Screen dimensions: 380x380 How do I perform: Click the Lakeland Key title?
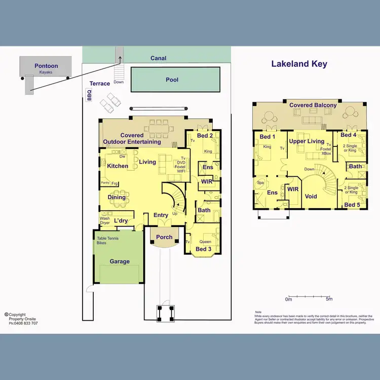tap(299, 64)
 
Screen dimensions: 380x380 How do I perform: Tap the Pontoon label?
tap(46, 66)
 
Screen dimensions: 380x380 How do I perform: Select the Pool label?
tap(172, 80)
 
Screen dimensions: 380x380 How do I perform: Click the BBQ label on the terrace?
tap(90, 95)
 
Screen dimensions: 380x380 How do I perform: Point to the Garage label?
tap(120, 261)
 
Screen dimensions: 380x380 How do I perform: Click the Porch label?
tap(164, 237)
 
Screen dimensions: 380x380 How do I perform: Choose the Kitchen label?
tap(118, 166)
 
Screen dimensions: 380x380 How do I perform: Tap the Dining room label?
tap(117, 197)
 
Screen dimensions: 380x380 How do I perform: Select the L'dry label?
tap(121, 221)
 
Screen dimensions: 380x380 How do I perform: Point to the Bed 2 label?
tap(205, 136)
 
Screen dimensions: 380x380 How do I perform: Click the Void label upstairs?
tap(311, 197)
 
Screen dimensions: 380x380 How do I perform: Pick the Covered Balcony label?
tap(313, 105)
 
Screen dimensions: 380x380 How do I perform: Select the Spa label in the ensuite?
tap(260, 182)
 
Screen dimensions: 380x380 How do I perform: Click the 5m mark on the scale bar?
tap(329, 299)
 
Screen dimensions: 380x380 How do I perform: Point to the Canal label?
tap(159, 58)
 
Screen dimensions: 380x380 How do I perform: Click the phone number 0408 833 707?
tap(25, 323)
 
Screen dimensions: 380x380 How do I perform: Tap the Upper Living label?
tap(307, 141)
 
